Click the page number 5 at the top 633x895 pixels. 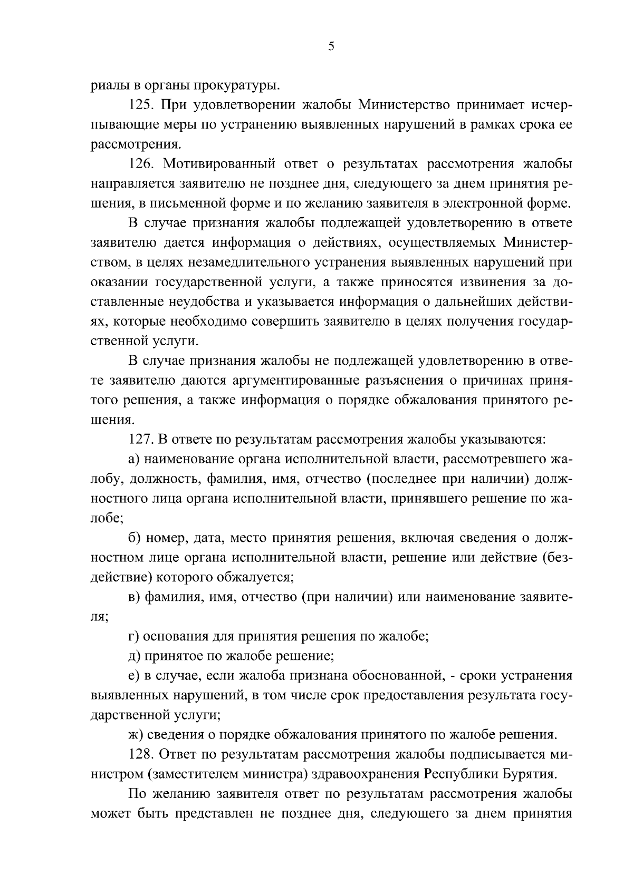[x=331, y=47]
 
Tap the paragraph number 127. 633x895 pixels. [x=142, y=440]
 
